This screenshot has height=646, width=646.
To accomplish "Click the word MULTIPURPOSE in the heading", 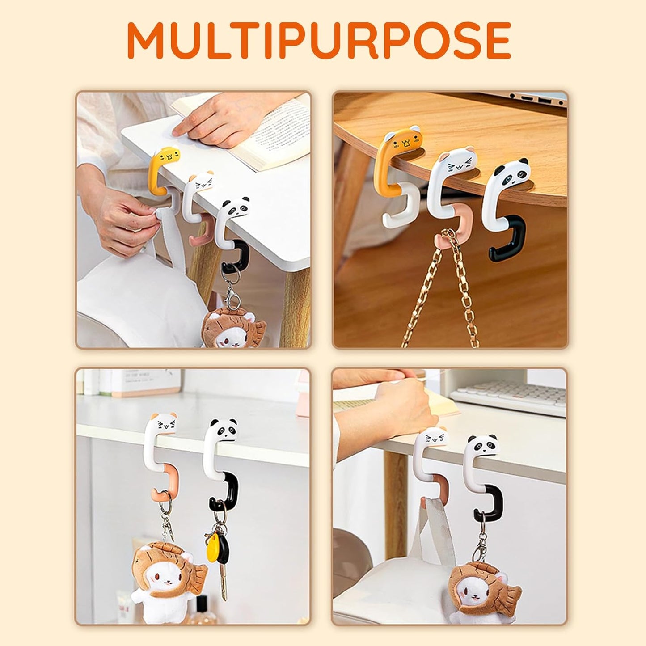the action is (319, 40).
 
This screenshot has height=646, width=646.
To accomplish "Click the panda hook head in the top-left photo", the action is (236, 207).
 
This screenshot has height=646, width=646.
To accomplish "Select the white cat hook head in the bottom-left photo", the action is (165, 424).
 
